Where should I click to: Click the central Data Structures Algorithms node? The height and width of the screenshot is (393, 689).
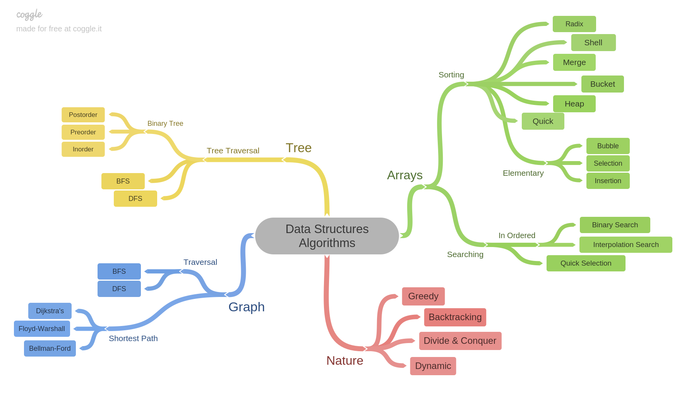pos(327,236)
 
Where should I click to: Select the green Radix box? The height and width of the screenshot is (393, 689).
pos(574,24)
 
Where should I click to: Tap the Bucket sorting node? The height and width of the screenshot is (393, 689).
pos(602,84)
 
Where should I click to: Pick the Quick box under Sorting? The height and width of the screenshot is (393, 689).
pos(543,121)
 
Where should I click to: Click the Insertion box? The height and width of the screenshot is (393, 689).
pos(608,181)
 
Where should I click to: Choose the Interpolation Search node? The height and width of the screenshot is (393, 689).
pos(626,245)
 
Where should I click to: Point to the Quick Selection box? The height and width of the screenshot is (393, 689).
pos(586,263)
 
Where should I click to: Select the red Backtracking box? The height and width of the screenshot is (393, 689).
pos(455,317)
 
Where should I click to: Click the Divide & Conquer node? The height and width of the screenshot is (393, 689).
pos(460,341)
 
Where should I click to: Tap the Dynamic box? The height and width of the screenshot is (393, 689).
pos(433,366)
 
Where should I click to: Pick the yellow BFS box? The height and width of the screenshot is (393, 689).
pos(123,181)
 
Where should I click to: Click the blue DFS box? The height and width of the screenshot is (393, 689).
pos(119,289)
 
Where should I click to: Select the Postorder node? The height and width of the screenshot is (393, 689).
pos(83,115)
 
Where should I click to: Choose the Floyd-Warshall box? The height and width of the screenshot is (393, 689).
pos(42,329)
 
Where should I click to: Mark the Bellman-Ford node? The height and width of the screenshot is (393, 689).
pos(50,348)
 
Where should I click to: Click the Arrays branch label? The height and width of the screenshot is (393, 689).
pos(404,175)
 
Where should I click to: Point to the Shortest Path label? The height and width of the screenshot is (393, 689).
pos(133,338)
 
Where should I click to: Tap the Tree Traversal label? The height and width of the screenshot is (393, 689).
pos(233,151)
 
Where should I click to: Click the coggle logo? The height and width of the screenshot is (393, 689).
pos(29,15)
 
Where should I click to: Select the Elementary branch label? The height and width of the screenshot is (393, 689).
pos(523,173)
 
